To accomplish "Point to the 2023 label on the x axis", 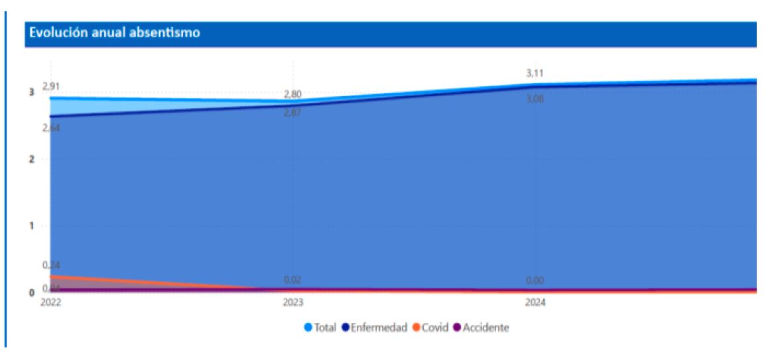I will tap(292, 303).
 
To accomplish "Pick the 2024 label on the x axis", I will tap(535, 303).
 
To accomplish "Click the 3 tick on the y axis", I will tap(31, 92).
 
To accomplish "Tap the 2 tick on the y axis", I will tap(31, 159).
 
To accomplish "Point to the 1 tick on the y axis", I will tap(31, 226).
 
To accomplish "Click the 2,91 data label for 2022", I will tap(51, 86).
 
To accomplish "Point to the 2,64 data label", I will tap(51, 128).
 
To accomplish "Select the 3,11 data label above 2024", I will tap(535, 74).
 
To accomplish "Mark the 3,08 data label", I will tap(535, 99).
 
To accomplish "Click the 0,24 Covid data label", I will tap(51, 265).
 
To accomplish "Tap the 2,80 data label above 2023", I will tap(292, 94).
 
